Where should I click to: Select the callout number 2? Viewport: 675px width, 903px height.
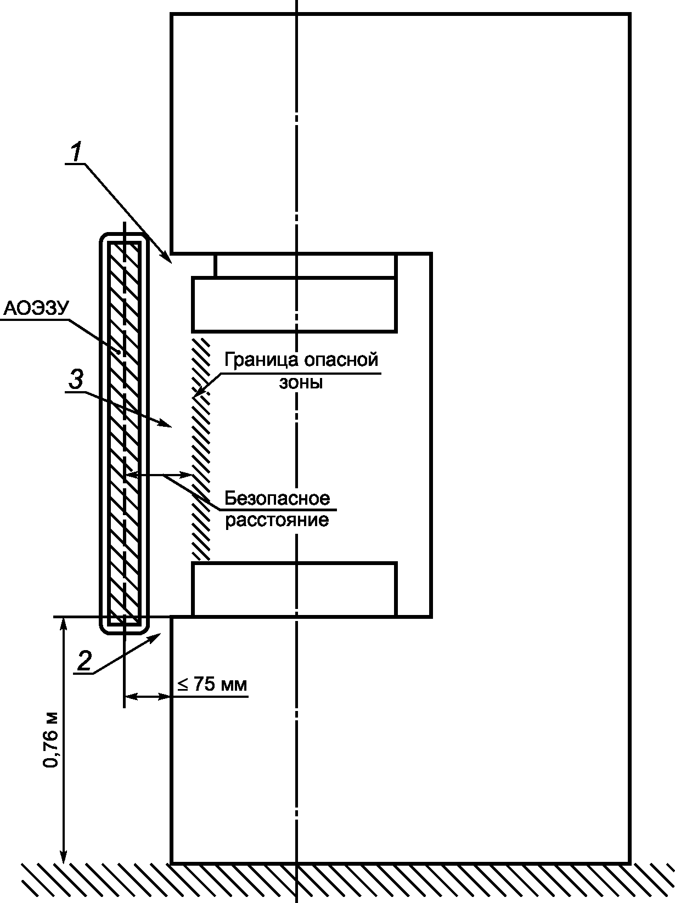pos(83,661)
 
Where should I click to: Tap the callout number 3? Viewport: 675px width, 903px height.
pos(76,379)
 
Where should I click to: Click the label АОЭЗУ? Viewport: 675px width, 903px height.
pos(36,309)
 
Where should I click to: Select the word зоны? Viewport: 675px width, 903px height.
pos(301,382)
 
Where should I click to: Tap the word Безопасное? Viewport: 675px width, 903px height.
pos(277,498)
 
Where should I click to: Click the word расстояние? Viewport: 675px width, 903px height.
pos(277,520)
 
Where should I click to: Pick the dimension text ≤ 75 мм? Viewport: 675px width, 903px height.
pos(212,685)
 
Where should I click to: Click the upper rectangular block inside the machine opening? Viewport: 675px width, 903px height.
pos(294,304)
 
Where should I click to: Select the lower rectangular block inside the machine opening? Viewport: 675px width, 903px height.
pos(294,589)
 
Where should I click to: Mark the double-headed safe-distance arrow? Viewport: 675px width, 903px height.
pos(159,475)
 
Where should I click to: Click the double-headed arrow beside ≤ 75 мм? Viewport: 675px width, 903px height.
pos(147,697)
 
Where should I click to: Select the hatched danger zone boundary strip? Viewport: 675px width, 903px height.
pos(200,447)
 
